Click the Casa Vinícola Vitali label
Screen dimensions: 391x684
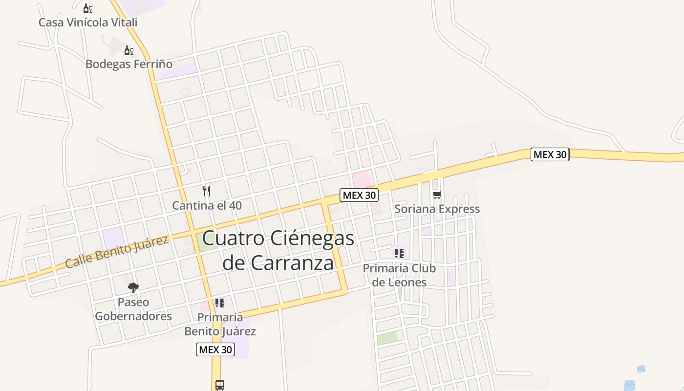(88, 22)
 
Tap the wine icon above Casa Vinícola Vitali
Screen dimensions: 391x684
(87, 8)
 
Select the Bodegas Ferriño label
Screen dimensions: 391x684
(129, 64)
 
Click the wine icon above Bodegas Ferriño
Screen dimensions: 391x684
(128, 50)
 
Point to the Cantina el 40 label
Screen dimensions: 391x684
(207, 205)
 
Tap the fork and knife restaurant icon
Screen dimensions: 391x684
(207, 191)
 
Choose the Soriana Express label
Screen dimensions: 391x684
(437, 209)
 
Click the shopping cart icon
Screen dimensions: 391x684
(437, 195)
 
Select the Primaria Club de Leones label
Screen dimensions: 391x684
(399, 275)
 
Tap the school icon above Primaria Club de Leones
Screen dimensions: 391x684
(399, 254)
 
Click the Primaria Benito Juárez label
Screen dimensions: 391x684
(220, 324)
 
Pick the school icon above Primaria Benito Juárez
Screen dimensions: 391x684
(220, 303)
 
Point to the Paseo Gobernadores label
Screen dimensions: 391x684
(133, 309)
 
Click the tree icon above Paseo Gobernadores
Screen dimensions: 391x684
(133, 287)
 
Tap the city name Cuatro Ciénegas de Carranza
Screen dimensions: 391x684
(278, 250)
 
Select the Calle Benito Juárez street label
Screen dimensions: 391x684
(117, 251)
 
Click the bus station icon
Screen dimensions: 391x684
(220, 385)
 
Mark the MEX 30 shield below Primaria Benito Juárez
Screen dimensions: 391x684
(215, 349)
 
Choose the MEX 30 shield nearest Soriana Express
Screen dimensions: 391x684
(359, 195)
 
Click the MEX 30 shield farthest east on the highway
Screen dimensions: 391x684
(550, 154)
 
